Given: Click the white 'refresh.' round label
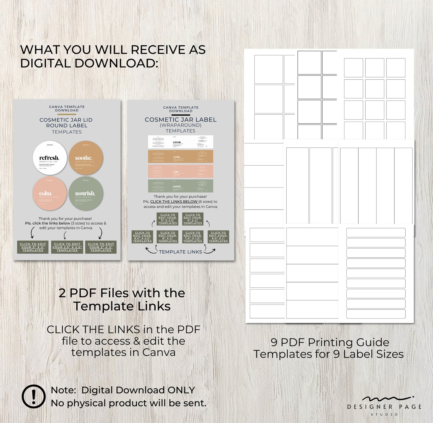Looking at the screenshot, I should coord(50,158).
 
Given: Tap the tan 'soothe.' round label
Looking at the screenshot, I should coord(86,158).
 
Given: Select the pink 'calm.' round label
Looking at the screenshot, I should coord(50,193).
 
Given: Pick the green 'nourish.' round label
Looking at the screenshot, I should coord(86,193).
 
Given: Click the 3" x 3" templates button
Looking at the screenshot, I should coord(33,247).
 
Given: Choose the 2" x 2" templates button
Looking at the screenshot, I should coord(101,247).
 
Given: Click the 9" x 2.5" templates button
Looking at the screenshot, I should coord(167,219).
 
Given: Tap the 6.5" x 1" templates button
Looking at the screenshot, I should coord(218,237).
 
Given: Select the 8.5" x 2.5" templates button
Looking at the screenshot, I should coord(142,237).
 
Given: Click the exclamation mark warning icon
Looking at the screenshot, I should coord(34,396).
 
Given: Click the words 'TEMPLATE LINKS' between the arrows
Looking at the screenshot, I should coord(181,252).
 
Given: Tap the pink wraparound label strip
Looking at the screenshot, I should coord(181,171).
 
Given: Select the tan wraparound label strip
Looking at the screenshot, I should coord(181,157).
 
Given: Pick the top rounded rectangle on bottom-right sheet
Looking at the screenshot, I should coord(376,233).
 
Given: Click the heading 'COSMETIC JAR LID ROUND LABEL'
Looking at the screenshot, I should coord(66,123).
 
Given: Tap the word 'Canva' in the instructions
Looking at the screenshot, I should coord(159,352).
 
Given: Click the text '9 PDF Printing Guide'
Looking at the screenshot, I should coord(330,342).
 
